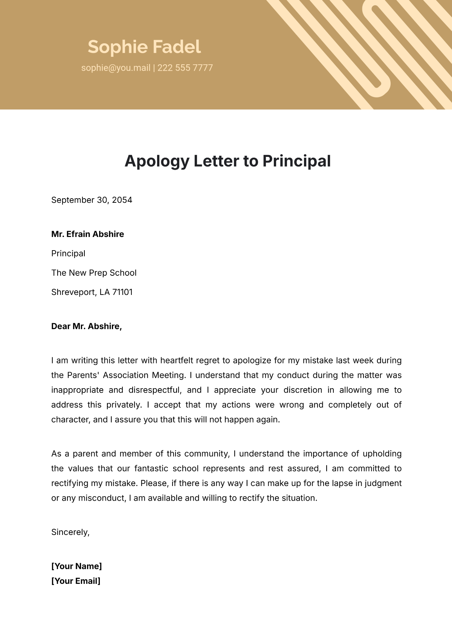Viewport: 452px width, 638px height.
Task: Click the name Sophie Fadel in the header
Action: coord(144,47)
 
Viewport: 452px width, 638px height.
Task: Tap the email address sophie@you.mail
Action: coord(116,68)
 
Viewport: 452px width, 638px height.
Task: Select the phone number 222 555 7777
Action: coord(185,68)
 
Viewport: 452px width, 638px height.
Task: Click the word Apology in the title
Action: coord(157,161)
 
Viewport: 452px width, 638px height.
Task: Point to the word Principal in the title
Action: coord(296,161)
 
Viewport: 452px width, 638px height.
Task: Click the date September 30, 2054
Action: coord(92,200)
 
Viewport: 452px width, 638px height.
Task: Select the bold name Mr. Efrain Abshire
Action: coord(87,234)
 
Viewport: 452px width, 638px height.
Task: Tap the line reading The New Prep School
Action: coord(94,273)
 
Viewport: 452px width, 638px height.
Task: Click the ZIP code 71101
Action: coord(122,292)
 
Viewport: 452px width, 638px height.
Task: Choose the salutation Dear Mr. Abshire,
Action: coord(86,327)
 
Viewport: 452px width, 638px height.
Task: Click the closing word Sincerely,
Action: coord(70,532)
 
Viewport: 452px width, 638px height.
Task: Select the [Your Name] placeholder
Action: coord(76,567)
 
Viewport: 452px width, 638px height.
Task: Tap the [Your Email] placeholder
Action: coord(76,581)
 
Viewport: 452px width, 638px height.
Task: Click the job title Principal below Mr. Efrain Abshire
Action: coord(68,254)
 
